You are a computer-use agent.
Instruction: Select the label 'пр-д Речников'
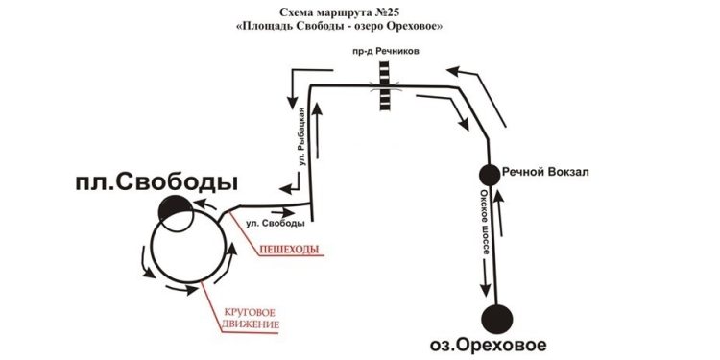pos(385,50)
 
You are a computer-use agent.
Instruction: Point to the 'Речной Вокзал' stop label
pos(545,173)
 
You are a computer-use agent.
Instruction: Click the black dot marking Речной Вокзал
pos(489,174)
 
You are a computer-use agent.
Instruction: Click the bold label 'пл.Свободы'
pos(156,182)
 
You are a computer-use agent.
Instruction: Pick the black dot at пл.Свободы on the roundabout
pos(176,209)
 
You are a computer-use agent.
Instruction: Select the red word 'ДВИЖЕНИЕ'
pos(251,325)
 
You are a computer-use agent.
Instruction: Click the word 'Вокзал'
pos(567,173)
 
